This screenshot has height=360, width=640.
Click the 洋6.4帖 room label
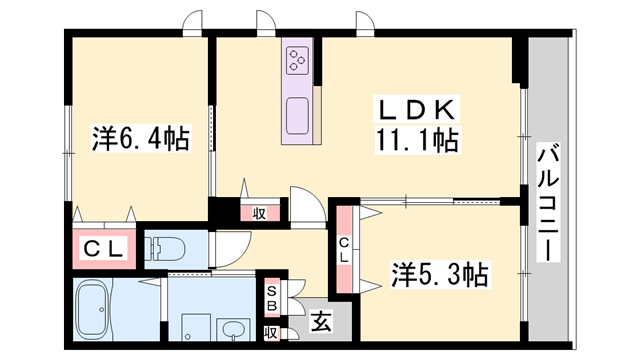click(140, 137)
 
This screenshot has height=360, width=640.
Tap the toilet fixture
click(169, 246)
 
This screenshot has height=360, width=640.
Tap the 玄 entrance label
click(320, 321)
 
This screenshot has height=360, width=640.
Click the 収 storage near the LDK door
click(259, 212)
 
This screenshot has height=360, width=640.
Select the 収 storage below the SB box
click(270, 333)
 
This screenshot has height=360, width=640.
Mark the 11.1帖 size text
click(417, 142)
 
